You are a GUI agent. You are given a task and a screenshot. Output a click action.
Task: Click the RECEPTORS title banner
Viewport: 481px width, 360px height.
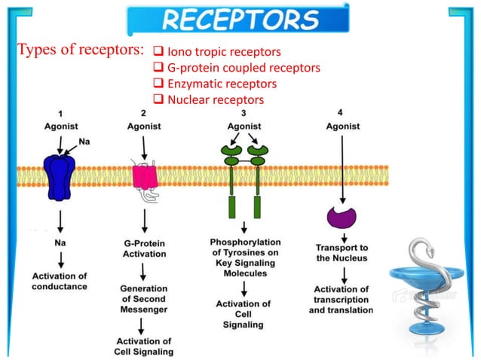pyautogui.click(x=237, y=20)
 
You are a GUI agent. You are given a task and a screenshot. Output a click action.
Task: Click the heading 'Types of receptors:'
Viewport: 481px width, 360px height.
pyautogui.click(x=79, y=51)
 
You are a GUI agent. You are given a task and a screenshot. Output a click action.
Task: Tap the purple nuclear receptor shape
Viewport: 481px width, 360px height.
pyautogui.click(x=342, y=218)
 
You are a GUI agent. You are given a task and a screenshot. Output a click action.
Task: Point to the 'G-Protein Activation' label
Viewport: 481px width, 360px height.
pyautogui.click(x=145, y=249)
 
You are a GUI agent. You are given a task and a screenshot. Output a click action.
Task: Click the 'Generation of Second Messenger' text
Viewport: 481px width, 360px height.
pyautogui.click(x=144, y=298)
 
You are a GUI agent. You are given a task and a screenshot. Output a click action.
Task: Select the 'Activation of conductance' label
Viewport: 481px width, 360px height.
pyautogui.click(x=60, y=281)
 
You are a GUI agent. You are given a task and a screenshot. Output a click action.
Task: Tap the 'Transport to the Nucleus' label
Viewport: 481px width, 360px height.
pyautogui.click(x=342, y=252)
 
